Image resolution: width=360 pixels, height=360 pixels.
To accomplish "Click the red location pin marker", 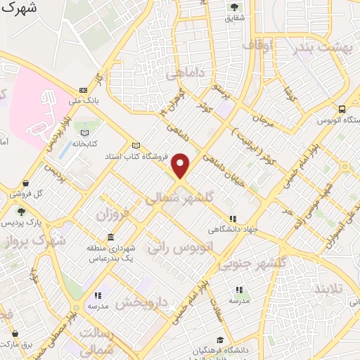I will tap(181, 165).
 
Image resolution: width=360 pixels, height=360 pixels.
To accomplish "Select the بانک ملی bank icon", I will tap(84, 90).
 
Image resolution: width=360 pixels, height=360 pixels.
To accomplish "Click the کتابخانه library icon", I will tap(85, 133).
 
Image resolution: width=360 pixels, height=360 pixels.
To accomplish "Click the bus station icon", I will tap(342, 109).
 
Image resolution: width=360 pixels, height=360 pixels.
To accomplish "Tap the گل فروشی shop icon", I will tap(26, 183).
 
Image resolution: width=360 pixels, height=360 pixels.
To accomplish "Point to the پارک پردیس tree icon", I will tap(21, 212).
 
